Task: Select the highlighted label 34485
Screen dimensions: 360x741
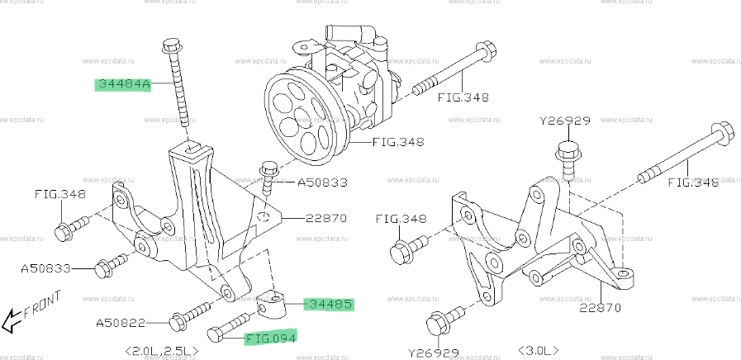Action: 330,305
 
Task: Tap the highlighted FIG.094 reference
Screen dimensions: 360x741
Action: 269,337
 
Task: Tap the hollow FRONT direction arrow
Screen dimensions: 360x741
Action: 11,318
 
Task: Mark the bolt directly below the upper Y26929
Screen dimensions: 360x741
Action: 568,158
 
